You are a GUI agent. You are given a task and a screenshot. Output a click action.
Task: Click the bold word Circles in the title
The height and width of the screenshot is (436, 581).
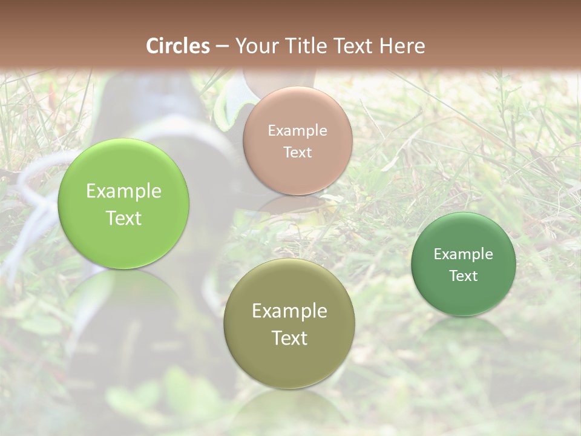pyautogui.click(x=178, y=46)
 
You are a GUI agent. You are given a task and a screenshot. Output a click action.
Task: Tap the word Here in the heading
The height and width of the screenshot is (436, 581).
pyautogui.click(x=402, y=46)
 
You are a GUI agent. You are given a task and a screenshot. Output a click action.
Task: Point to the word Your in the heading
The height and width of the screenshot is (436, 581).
pyautogui.click(x=255, y=46)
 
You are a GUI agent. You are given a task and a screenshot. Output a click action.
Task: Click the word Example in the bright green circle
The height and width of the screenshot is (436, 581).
pyautogui.click(x=123, y=191)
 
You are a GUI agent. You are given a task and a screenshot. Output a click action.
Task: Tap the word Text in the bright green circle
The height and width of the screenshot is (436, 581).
pyautogui.click(x=123, y=218)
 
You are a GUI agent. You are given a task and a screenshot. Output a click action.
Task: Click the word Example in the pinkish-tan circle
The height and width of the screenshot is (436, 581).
pyautogui.click(x=297, y=131)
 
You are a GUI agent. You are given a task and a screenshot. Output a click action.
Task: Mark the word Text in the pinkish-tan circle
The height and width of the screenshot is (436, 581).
pyautogui.click(x=297, y=153)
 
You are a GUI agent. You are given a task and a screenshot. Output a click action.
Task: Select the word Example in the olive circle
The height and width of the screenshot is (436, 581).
pyautogui.click(x=289, y=311)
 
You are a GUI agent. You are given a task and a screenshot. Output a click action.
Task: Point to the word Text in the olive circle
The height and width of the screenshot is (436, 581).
pyautogui.click(x=289, y=338)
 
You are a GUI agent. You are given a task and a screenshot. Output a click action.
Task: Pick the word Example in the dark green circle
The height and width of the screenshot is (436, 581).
pyautogui.click(x=463, y=254)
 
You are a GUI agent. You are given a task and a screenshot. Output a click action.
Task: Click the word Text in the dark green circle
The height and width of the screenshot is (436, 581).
pyautogui.click(x=463, y=276)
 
